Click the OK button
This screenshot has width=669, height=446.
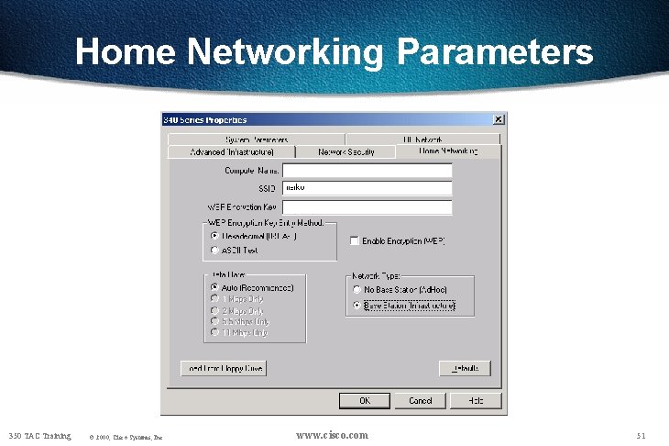pos(365,400)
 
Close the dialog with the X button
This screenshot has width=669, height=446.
pos(498,119)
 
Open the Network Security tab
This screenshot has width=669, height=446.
pos(345,151)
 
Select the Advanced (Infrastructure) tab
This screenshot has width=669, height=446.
pos(231,151)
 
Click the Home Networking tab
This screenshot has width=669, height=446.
pos(448,151)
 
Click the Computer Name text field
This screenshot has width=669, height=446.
pos(367,170)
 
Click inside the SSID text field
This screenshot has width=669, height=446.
pos(367,188)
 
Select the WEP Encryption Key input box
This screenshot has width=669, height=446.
pos(367,206)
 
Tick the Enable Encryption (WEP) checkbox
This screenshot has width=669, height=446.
pos(355,240)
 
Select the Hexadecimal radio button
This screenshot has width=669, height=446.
pos(214,236)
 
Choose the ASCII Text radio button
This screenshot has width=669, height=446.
pos(214,249)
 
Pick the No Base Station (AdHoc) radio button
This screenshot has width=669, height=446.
pos(357,289)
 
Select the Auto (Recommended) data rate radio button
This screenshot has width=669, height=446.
pos(214,287)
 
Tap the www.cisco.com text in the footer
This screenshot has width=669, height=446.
pos(333,434)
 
